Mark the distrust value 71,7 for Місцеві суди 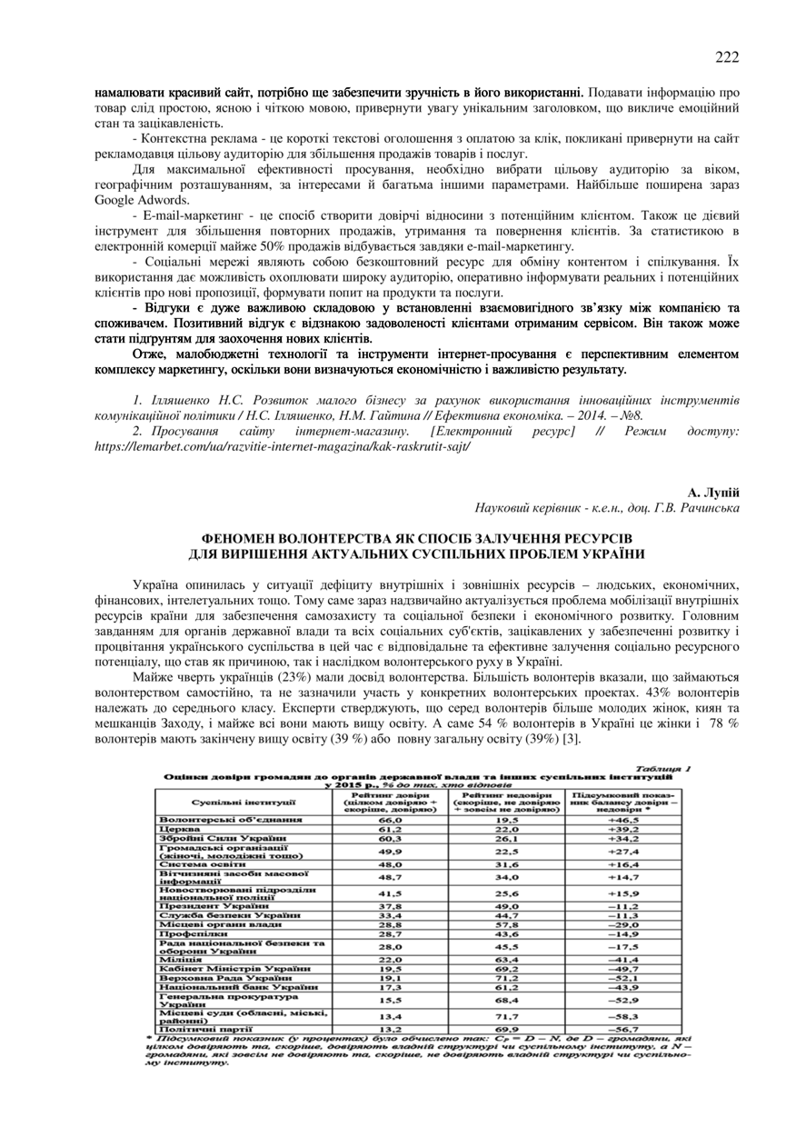point(505,1016)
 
